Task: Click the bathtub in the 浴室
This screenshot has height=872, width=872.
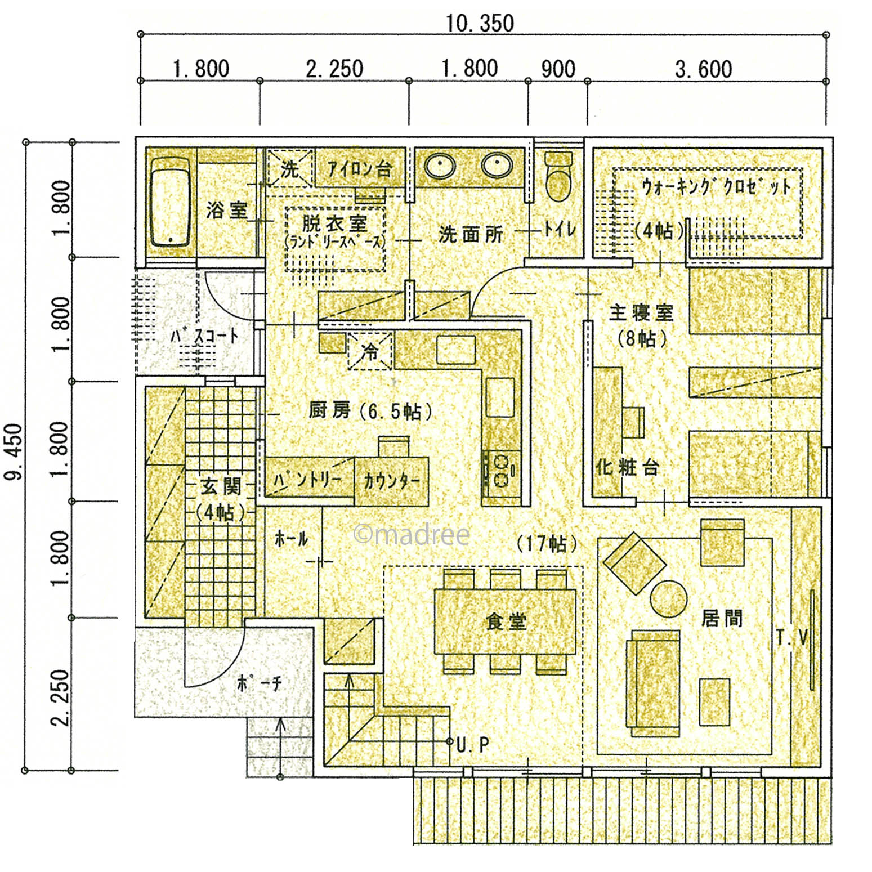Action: (169, 201)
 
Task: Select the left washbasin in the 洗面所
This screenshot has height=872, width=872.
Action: (440, 166)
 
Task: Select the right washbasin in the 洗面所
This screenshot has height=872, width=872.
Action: (497, 166)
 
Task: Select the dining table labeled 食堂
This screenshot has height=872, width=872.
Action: (505, 621)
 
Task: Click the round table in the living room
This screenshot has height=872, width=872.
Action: (668, 598)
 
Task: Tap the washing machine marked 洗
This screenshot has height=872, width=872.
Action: (289, 168)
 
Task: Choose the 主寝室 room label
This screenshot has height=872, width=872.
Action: (641, 312)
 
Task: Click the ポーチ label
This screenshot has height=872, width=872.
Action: (259, 683)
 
